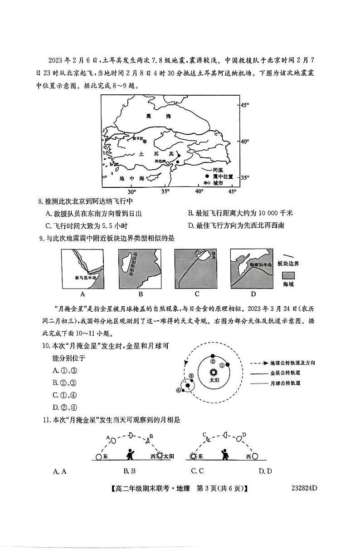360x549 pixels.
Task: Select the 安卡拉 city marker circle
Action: click(132, 142)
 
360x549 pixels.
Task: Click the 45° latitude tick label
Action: click(245, 105)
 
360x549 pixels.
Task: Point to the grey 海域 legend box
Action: click(288, 275)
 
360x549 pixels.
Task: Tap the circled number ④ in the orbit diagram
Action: click(178, 390)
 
